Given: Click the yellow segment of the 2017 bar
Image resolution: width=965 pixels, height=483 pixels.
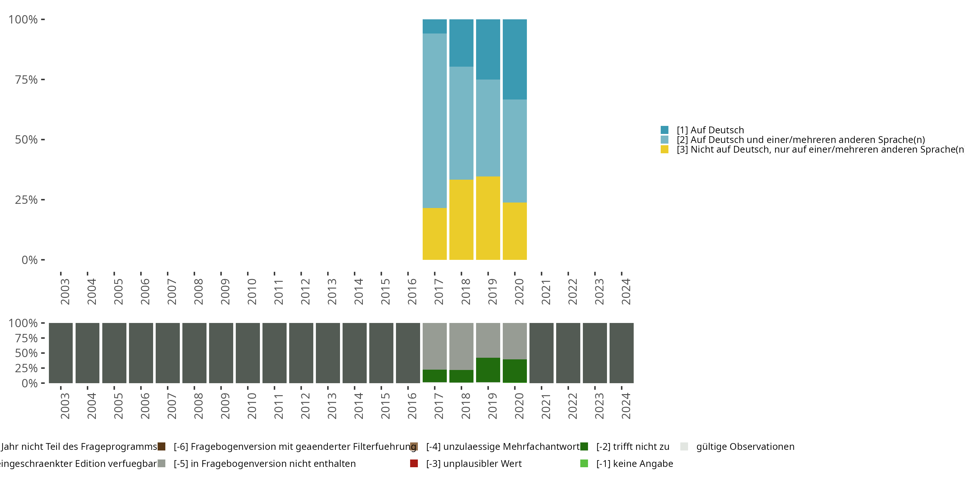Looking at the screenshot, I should [435, 234].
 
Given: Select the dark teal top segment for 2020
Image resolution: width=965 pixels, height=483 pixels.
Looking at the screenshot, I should [514, 59].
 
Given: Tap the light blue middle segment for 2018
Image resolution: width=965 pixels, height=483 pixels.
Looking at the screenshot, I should [461, 123].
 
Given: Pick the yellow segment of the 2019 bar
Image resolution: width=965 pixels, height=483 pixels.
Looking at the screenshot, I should [488, 218].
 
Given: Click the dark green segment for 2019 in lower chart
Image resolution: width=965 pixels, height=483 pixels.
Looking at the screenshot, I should [488, 370].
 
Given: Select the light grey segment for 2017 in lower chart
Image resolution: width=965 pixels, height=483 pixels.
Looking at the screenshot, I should [435, 346].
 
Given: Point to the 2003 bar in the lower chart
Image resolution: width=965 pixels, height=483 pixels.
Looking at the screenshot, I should [61, 353].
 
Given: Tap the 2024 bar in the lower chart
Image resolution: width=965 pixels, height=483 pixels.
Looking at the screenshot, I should [621, 353].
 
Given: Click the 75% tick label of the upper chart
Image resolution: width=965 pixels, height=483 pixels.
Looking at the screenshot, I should [26, 80].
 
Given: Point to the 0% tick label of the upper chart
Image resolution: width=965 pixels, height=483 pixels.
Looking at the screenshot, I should [30, 260].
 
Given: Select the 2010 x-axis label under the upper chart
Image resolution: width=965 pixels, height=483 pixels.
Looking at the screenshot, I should [252, 291].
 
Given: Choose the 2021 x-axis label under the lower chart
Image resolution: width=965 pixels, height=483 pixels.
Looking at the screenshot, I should [546, 406].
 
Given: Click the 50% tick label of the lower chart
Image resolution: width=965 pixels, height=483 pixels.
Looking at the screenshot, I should [26, 353].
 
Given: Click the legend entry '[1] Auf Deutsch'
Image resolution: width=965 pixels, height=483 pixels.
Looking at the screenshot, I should [710, 130].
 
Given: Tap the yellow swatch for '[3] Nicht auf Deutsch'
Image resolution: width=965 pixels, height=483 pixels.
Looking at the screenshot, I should [665, 150].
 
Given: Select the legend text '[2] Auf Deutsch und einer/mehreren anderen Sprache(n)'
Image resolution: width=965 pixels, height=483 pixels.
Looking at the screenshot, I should [801, 140].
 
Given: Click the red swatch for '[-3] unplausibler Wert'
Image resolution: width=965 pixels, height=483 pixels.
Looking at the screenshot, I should [414, 463].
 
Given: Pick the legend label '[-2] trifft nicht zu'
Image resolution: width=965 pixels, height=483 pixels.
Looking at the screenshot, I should [633, 447].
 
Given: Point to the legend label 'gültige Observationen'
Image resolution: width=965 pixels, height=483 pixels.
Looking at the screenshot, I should [745, 447].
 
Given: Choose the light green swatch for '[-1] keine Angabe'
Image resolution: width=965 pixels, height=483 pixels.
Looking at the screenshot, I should [584, 463].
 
